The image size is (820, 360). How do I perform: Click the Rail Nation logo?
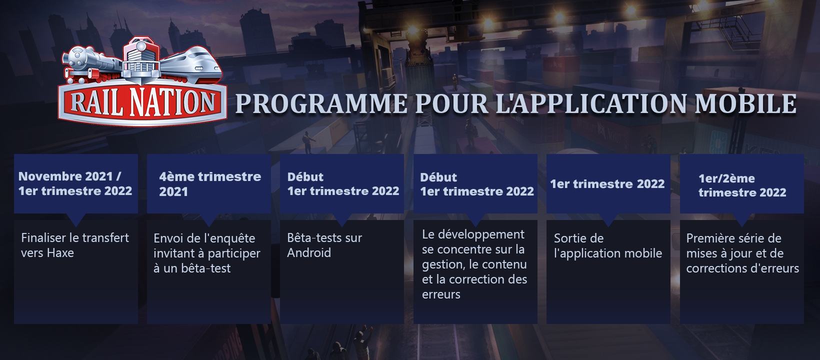[x=142, y=81]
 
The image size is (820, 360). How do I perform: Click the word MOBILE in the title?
[x=745, y=103]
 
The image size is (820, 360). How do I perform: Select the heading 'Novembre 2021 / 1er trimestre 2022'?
[x=75, y=183]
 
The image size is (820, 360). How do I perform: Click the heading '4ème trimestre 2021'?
[x=210, y=184]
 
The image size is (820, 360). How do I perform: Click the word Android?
[x=309, y=252]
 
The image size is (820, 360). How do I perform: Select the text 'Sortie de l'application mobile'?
[x=607, y=245]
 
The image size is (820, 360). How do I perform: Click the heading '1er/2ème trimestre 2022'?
[x=742, y=185]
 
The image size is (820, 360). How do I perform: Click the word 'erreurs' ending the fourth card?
[x=441, y=294]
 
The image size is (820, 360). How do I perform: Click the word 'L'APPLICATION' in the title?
[x=591, y=103]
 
